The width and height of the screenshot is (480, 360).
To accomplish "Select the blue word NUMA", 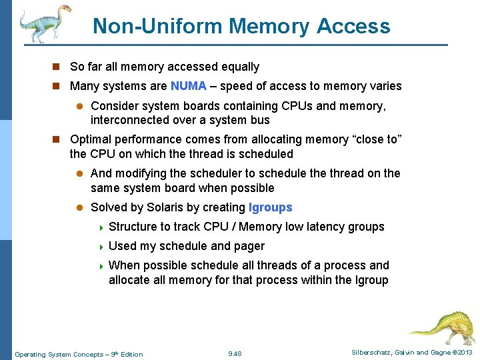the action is (x=189, y=86).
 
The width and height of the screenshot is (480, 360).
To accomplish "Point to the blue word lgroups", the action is (x=270, y=207).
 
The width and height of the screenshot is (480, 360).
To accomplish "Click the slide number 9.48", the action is (x=235, y=353).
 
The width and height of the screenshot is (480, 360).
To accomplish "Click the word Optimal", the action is (x=92, y=139).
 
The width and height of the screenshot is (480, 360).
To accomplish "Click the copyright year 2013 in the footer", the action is (x=464, y=353).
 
